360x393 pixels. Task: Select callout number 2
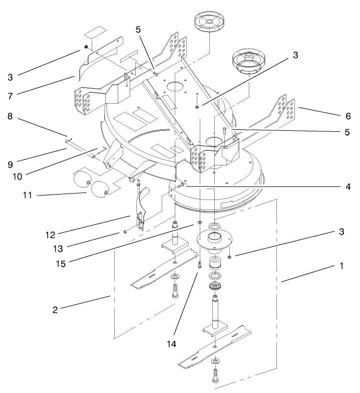pos(56,309)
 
